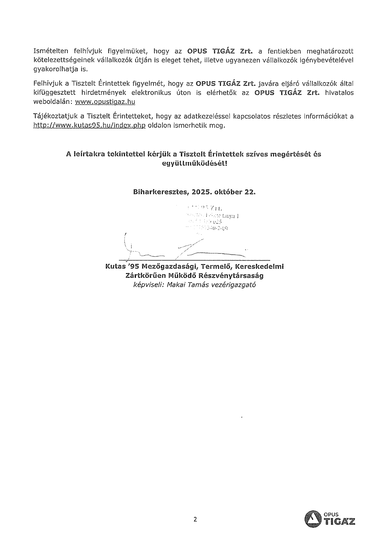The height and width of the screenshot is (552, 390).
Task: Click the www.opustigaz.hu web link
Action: pos(105,102)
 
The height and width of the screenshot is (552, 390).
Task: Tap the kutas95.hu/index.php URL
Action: pos(89,126)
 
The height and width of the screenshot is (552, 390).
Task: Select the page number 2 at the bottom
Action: pos(195,519)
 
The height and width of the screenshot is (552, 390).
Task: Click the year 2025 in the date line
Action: pos(201,192)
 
